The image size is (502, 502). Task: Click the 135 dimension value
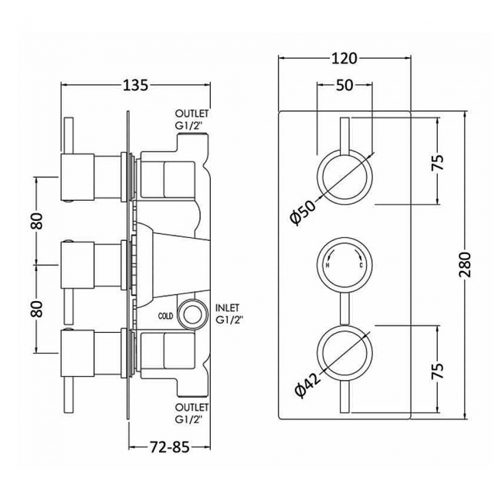click(x=136, y=86)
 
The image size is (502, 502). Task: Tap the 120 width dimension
click(x=344, y=59)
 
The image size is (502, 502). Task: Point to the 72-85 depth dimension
click(x=170, y=223)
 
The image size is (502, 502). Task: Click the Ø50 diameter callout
click(x=304, y=212)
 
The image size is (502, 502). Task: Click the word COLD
click(x=166, y=317)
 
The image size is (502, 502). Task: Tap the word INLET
click(x=228, y=308)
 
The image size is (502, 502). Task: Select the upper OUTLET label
click(x=192, y=114)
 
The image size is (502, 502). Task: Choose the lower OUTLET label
click(x=192, y=407)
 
